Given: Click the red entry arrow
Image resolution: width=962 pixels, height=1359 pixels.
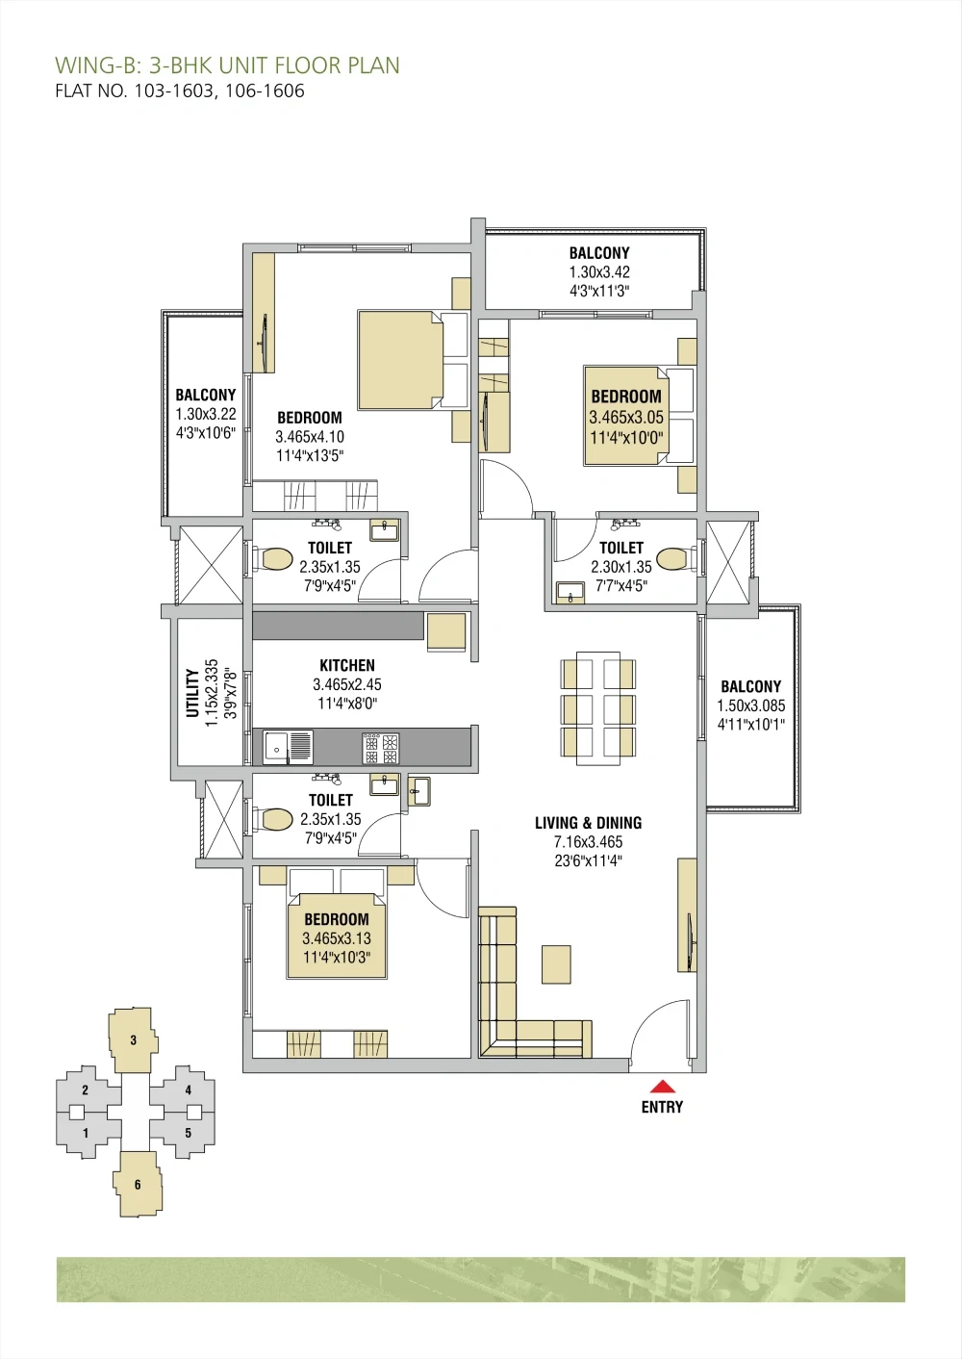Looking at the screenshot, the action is tap(662, 1087).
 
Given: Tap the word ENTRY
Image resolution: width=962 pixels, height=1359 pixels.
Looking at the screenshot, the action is tap(662, 1108).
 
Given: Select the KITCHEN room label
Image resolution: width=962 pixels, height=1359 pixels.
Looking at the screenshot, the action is tap(347, 665).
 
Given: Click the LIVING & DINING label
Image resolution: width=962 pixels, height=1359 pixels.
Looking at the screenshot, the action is tap(588, 823).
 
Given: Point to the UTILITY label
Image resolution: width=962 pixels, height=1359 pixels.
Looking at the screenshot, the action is tap(192, 693).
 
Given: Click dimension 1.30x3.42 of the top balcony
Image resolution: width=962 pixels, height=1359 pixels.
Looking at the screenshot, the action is tap(599, 272).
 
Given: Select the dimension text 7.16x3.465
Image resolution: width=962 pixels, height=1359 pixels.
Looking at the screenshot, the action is tap(588, 842).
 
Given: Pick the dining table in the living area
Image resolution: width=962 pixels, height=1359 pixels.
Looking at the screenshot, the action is tap(598, 708).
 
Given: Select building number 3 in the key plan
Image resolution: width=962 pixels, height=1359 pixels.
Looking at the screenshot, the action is tap(133, 1039).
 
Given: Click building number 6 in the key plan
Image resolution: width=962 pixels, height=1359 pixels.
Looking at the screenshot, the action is tap(137, 1185).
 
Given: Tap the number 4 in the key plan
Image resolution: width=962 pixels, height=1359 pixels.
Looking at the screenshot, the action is tap(188, 1090).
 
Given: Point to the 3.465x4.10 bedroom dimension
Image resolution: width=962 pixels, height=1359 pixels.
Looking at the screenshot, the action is tap(310, 437).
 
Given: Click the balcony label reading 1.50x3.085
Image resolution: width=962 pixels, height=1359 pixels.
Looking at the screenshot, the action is tap(750, 705).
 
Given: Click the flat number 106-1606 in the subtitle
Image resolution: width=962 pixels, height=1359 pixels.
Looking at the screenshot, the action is tap(265, 91).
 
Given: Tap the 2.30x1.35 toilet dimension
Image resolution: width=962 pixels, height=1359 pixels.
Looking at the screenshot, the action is tap(621, 567).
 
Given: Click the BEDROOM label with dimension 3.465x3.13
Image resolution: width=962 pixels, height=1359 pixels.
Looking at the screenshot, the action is tap(337, 919).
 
